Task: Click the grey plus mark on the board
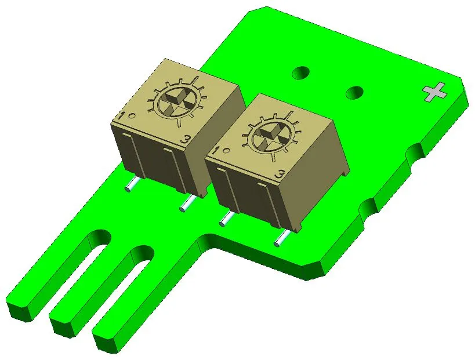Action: pyautogui.click(x=434, y=92)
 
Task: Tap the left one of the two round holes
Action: pyautogui.click(x=300, y=73)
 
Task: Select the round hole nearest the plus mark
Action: pyautogui.click(x=354, y=92)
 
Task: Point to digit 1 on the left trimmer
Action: pyautogui.click(x=121, y=116)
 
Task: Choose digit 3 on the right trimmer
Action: pyautogui.click(x=280, y=173)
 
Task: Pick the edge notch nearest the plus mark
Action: pyautogui.click(x=416, y=152)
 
